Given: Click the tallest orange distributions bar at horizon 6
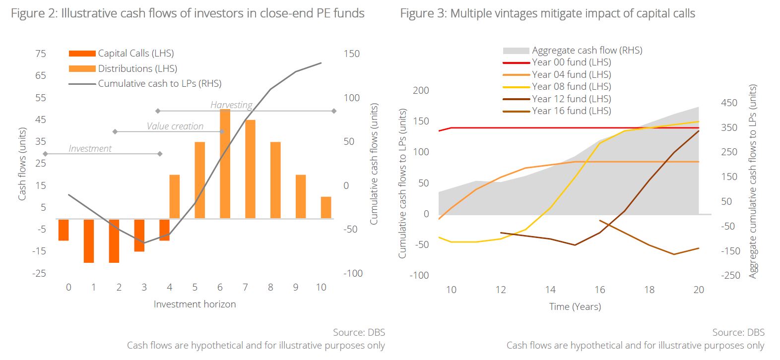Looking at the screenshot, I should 225,164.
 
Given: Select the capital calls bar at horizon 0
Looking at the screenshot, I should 64,230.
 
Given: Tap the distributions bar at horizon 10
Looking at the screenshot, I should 325,207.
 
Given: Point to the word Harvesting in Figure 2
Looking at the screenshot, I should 231,105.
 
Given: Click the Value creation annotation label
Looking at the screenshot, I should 175,126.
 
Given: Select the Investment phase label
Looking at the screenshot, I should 90,148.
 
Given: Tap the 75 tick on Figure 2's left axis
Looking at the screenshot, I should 41,54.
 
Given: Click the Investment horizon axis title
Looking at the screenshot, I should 195,304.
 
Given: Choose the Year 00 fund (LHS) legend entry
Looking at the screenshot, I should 571,62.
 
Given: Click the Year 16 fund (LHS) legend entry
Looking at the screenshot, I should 571,111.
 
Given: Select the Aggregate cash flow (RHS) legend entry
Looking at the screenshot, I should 587,50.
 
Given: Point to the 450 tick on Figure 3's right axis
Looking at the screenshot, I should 729,103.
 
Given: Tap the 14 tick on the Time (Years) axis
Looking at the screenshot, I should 550,290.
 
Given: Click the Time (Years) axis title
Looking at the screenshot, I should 575,306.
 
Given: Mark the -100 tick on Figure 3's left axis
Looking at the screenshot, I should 419,275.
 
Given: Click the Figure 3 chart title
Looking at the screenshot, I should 547,13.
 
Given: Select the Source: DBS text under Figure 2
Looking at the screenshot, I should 359,332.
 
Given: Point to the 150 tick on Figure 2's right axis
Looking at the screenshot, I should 351,54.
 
